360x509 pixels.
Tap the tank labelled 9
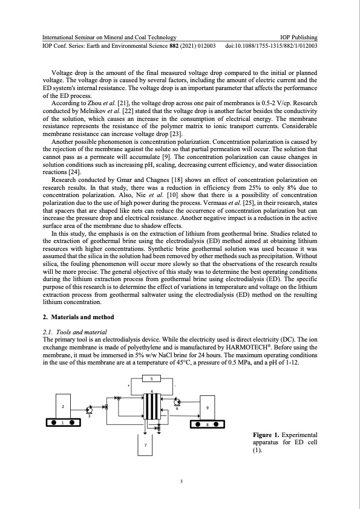pos(208,407)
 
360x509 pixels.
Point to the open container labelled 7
pos(146,444)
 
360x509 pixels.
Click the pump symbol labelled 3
pos(89,410)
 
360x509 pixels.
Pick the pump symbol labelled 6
pos(176,402)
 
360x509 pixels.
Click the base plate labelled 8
pos(208,424)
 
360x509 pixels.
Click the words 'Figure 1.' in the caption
pos(269,435)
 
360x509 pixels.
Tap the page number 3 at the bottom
pos(180,481)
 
